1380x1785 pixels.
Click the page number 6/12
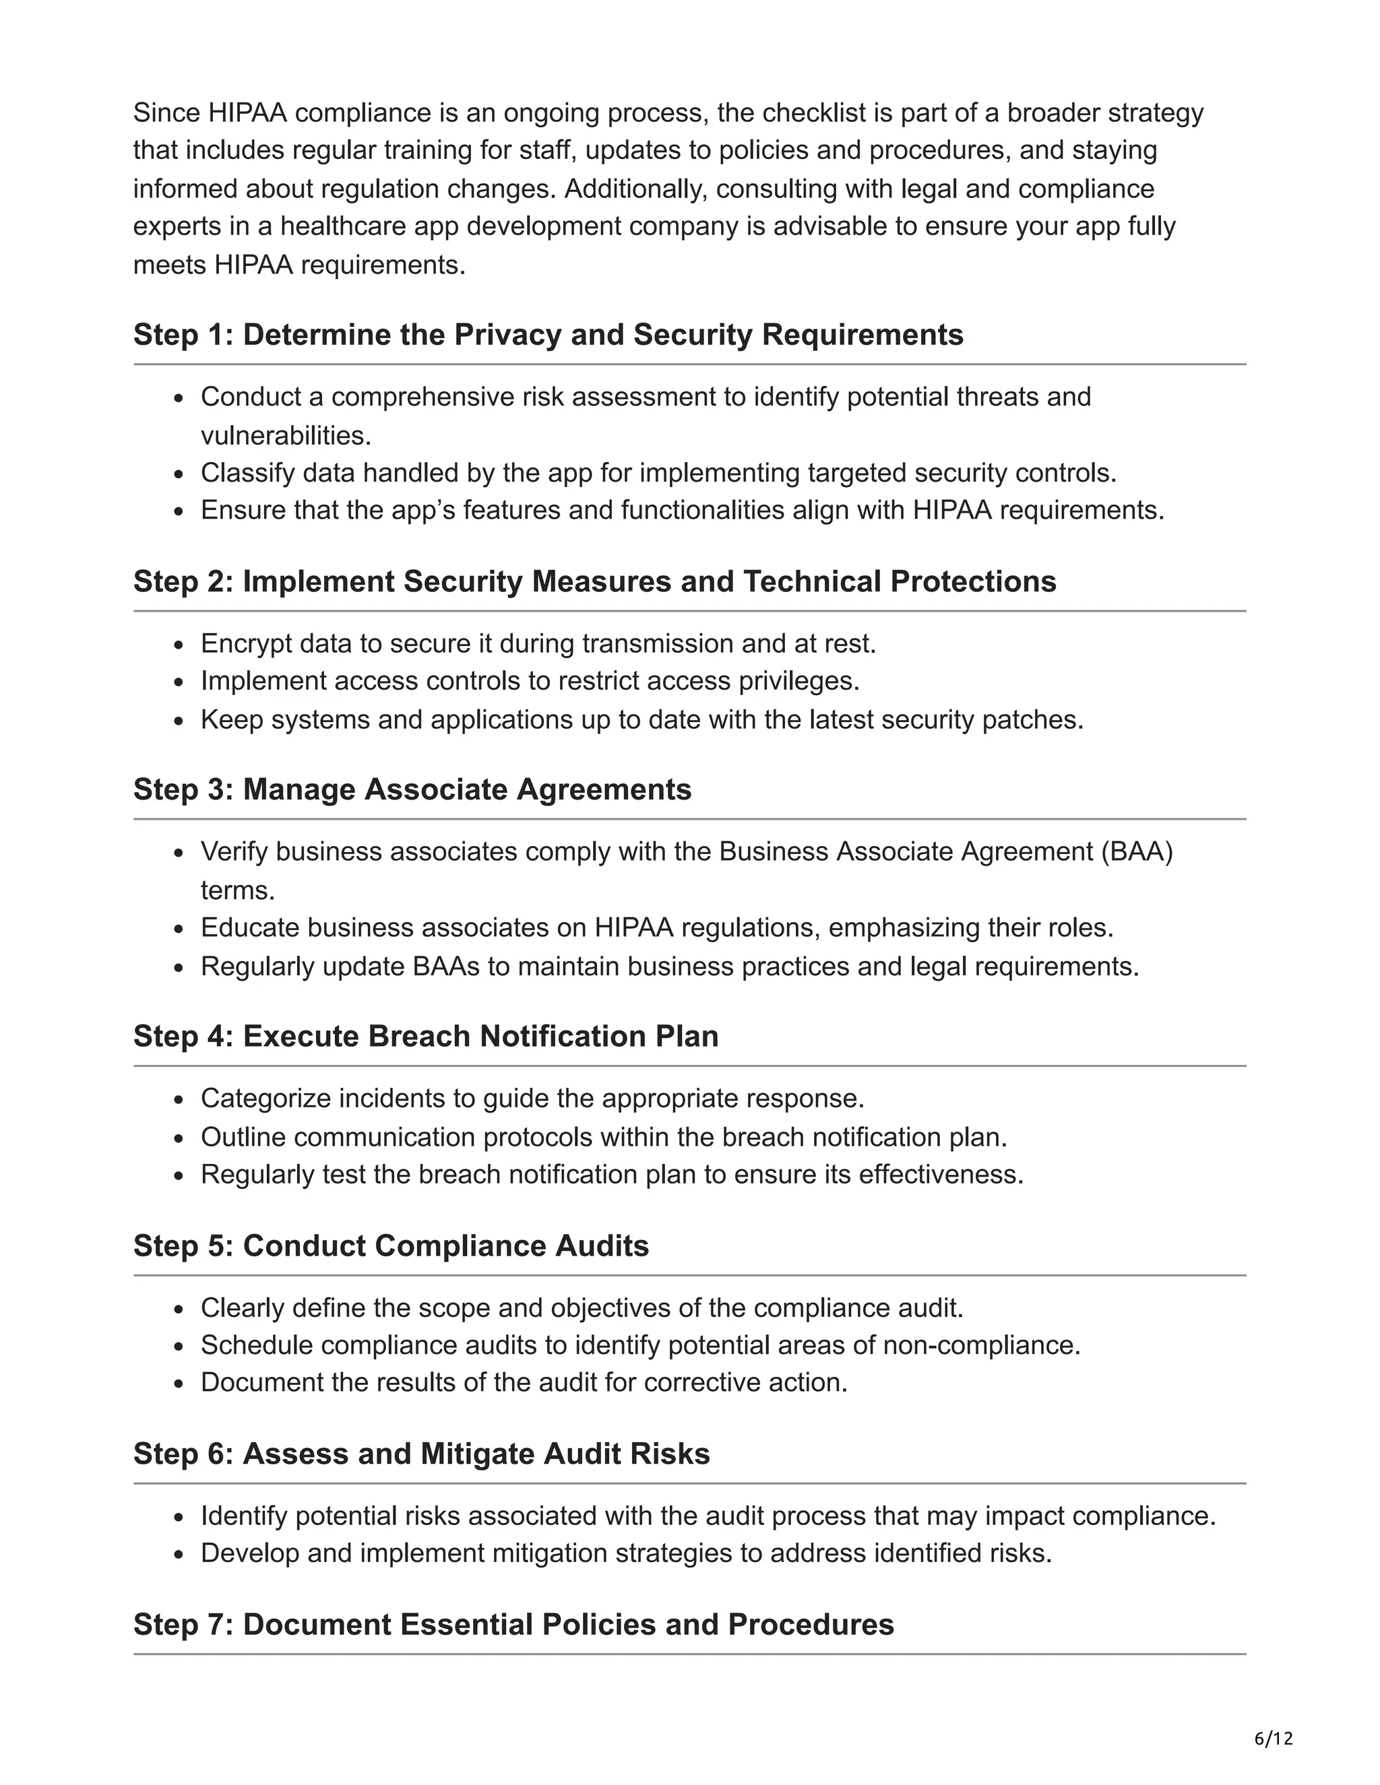pos(1274,1739)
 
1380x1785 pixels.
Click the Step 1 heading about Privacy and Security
pos(548,334)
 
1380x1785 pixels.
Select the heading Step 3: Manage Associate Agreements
pos(412,789)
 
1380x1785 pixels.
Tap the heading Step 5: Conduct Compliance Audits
pos(391,1245)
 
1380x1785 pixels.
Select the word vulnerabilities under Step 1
pos(285,435)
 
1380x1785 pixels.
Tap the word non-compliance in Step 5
pos(981,1344)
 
